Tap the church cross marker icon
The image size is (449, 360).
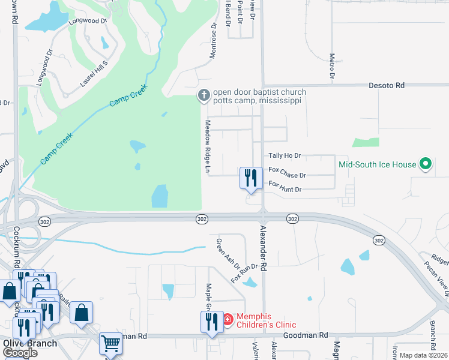click(x=204, y=95)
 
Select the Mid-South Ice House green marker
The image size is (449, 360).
click(x=426, y=164)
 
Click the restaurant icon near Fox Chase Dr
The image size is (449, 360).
click(x=251, y=178)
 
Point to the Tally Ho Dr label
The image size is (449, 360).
click(x=285, y=156)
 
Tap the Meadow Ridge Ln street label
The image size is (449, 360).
click(x=208, y=148)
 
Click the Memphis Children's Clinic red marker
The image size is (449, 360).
click(x=228, y=319)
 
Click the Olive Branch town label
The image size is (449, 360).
click(x=30, y=344)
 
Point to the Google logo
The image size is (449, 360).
click(x=20, y=353)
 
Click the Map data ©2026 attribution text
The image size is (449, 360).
click(x=424, y=355)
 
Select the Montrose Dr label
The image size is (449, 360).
click(x=212, y=41)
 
